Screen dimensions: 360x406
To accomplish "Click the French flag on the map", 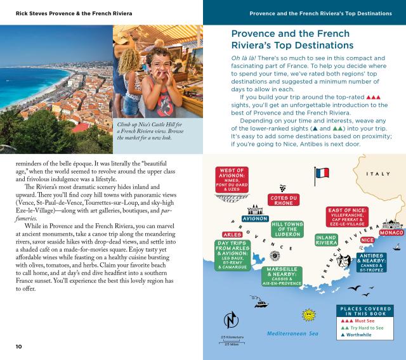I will point(322,173).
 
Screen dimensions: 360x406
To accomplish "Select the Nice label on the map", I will point(367,240).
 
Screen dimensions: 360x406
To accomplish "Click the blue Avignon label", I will point(255,219).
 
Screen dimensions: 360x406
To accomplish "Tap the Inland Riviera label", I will point(326,240).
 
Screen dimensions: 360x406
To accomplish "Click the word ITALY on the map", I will point(379,174).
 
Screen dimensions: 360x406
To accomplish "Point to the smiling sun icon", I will point(309,314).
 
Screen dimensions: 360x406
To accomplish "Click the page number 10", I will point(20,346).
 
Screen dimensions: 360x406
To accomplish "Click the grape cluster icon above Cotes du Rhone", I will point(284,188).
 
